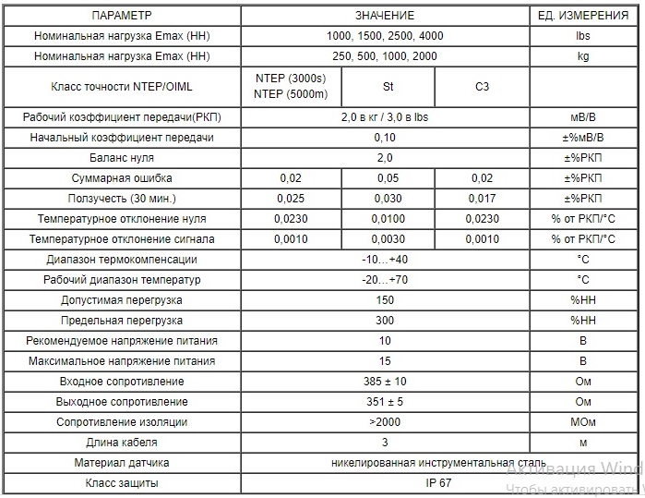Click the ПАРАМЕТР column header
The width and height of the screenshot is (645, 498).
[122, 16]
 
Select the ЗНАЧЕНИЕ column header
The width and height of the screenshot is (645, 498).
[385, 16]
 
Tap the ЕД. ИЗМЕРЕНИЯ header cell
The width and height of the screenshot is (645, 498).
[583, 16]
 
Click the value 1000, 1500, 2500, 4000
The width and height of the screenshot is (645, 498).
[385, 36]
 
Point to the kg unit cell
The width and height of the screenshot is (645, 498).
[583, 56]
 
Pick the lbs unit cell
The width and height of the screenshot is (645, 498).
[583, 36]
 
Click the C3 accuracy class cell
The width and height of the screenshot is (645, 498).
[482, 87]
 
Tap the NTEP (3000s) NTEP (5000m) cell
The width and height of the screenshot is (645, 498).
[291, 87]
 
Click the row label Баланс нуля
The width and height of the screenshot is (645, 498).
[122, 158]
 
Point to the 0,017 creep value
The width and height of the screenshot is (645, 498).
[482, 199]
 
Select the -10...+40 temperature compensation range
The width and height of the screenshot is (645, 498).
[385, 260]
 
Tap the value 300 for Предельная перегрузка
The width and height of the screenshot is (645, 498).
[385, 321]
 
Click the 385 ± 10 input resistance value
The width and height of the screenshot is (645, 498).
[385, 382]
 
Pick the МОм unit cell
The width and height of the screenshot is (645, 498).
[583, 422]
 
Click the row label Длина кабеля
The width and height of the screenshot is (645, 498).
[122, 443]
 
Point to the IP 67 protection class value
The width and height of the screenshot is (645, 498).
[385, 483]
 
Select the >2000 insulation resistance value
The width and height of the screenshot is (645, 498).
[385, 422]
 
